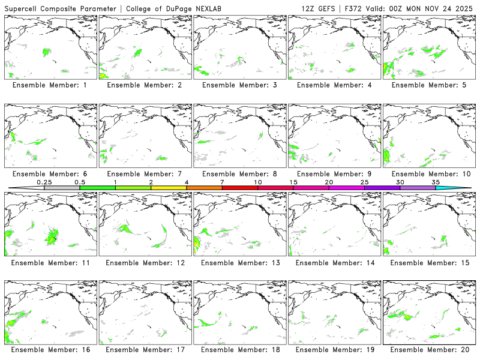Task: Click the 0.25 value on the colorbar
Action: pos(44,181)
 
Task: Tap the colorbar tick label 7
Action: pos(222,181)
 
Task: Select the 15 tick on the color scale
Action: pos(293,181)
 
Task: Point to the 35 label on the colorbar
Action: pos(436,181)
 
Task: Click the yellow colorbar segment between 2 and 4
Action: pos(169,188)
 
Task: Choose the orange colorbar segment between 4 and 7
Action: pos(204,188)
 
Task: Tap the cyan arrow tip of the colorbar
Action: pos(462,188)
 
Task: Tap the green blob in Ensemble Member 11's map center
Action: pos(53,236)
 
